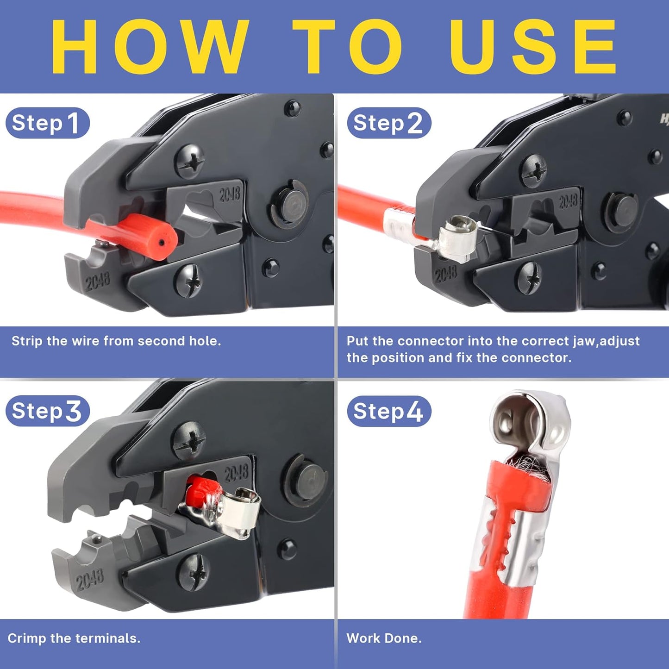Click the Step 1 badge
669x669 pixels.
tap(47, 123)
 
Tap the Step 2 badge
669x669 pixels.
tap(388, 123)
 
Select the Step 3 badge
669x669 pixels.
tap(47, 411)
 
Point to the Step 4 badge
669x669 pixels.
tap(388, 411)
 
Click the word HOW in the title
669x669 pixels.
tap(150, 46)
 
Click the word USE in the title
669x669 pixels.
tap(532, 46)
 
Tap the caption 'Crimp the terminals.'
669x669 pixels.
tap(74, 638)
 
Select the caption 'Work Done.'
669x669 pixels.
tap(384, 638)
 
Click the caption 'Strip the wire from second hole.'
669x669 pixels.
tap(116, 341)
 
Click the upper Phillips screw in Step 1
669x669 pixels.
tap(190, 162)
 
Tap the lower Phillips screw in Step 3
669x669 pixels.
tap(194, 572)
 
